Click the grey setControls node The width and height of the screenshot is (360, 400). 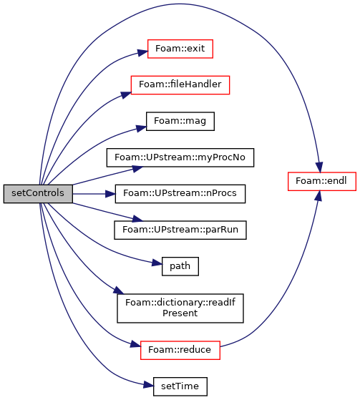tap(38, 194)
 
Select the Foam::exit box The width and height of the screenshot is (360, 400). tap(180, 49)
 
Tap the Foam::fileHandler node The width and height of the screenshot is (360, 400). tap(180, 85)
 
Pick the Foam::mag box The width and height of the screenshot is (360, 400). tap(180, 121)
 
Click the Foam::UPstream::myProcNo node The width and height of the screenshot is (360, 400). tap(180, 157)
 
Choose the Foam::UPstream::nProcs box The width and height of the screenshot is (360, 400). tap(180, 194)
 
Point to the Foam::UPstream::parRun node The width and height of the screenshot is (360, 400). tap(180, 230)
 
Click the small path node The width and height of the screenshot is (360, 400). tap(180, 266)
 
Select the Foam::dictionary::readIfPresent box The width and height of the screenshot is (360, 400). tap(180, 308)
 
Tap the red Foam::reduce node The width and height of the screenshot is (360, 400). tap(180, 350)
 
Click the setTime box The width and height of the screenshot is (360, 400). tap(180, 386)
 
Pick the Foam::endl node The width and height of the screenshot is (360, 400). tap(322, 181)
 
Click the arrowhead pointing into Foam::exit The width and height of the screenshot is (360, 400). tap(142, 52)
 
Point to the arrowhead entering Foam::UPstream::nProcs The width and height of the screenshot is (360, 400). tap(110, 194)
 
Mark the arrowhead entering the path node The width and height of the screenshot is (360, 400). tap(157, 263)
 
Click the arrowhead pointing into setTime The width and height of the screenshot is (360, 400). tap(148, 385)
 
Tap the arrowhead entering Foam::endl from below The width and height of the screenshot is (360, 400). tap(318, 195)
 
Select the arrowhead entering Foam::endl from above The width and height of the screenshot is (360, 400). tap(319, 167)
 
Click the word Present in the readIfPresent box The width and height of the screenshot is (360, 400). tap(180, 313)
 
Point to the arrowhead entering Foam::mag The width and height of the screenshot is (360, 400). tap(141, 128)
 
